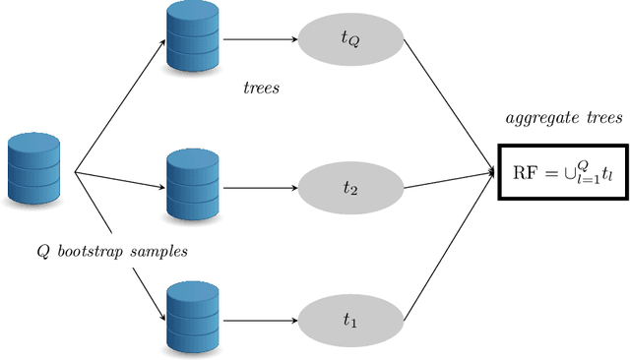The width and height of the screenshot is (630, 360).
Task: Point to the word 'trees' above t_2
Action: (262, 89)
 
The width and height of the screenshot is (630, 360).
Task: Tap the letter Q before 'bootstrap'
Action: (42, 251)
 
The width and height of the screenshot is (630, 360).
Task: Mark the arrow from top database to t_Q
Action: (260, 40)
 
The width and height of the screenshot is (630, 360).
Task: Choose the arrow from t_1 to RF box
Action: (448, 246)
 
